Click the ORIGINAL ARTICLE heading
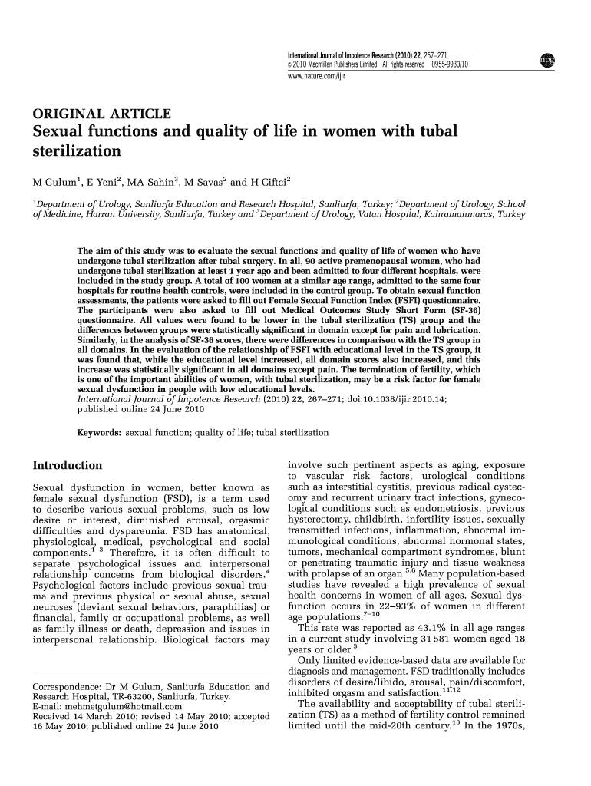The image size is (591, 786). [x=101, y=114]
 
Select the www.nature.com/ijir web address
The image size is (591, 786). [x=315, y=75]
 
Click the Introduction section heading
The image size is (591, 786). [x=67, y=465]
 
